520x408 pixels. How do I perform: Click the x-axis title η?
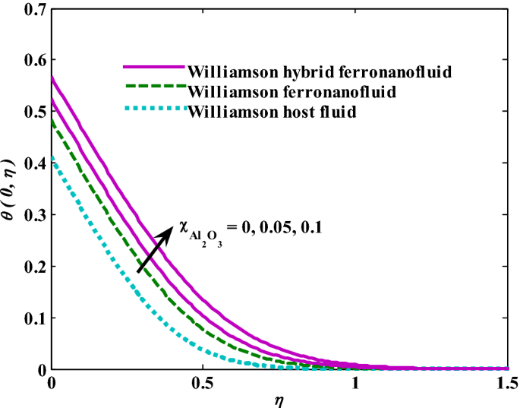[x=279, y=399]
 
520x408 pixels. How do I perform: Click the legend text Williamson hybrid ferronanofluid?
[x=320, y=73]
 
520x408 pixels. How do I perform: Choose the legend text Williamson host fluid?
[x=273, y=112]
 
